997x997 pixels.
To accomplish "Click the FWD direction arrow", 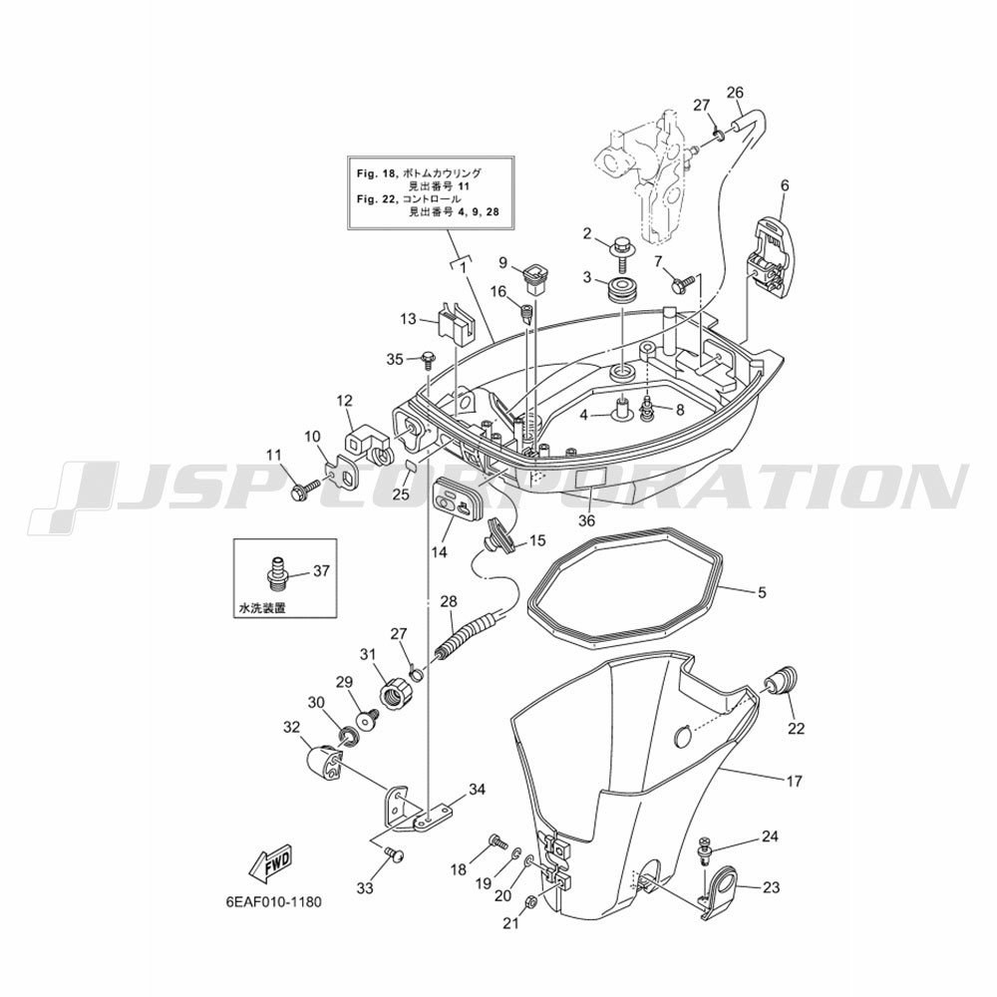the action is coord(270,865).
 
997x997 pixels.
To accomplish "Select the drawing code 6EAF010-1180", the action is coord(274,901).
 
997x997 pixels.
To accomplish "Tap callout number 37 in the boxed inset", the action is coord(322,570).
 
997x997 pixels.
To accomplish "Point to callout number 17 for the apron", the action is coord(795,781).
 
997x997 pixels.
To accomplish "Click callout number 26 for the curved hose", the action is coord(735,92).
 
